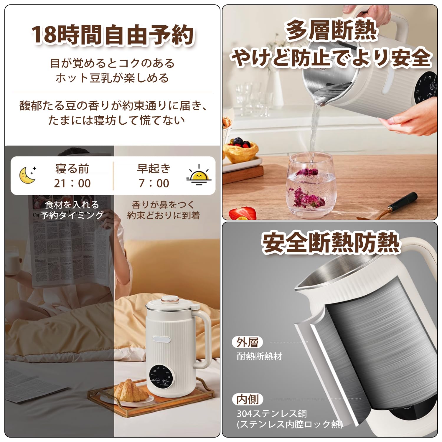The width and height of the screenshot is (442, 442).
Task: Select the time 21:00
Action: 72,183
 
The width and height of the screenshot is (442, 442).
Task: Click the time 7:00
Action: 154,183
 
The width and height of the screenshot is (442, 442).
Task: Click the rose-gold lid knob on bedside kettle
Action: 170,301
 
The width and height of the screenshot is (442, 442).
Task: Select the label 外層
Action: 247,342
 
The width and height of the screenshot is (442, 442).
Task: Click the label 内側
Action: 247,399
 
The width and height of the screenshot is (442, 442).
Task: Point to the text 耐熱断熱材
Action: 260,356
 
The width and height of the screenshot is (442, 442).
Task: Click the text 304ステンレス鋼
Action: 272,413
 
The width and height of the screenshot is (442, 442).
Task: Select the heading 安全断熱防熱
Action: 330,243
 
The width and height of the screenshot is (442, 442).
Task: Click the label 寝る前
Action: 72,169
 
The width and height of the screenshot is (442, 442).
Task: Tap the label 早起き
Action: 154,168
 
